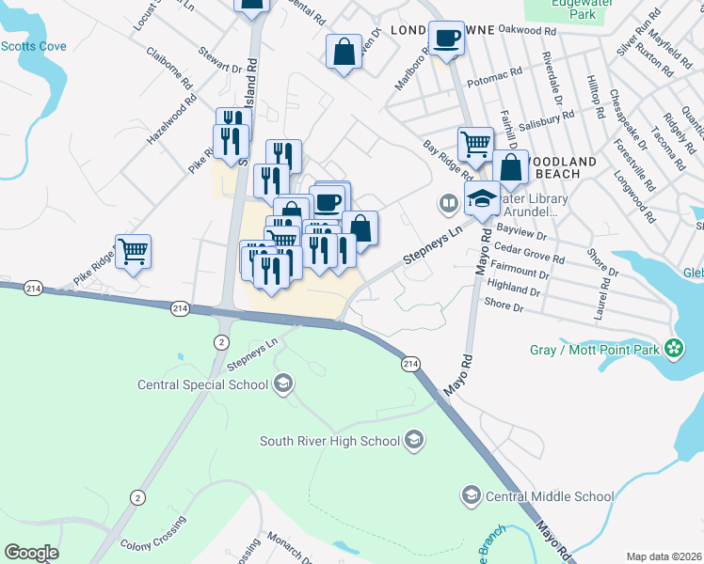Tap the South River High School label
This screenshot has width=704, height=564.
[x=329, y=440]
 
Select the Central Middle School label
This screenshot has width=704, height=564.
[x=550, y=495]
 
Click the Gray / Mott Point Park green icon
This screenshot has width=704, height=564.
[x=673, y=349]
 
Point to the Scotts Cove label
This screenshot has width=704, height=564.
[x=33, y=45]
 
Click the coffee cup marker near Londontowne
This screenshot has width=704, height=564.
[x=447, y=39]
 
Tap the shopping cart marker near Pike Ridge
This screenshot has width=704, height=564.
[x=134, y=251]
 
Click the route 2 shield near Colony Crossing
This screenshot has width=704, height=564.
[x=138, y=497]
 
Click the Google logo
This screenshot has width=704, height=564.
[x=31, y=553]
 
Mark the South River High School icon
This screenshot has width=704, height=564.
[x=413, y=440]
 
